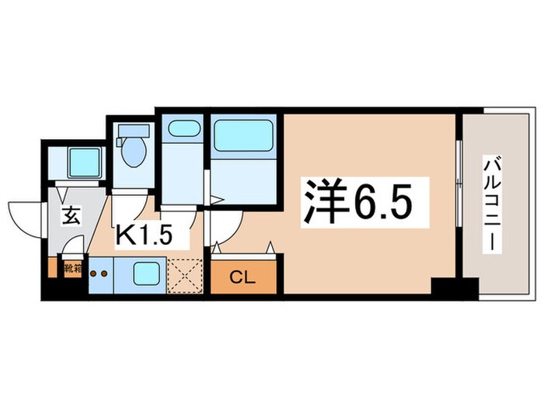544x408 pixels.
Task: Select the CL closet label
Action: click(242, 277)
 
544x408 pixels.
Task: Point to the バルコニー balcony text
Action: click(492, 204)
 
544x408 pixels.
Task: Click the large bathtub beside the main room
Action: click(245, 135)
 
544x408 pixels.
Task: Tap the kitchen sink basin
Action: click(145, 274)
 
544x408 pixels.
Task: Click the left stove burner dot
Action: click(93, 274)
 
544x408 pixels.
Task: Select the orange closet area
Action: click(242, 276)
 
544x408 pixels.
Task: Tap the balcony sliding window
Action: click(459, 204)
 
